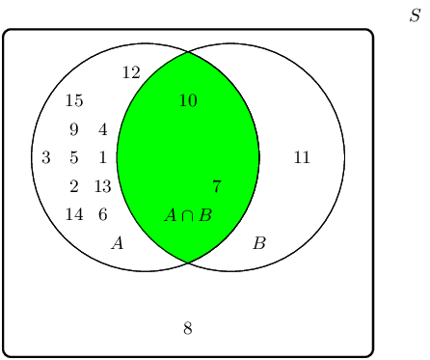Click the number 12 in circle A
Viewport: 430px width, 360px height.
click(x=131, y=72)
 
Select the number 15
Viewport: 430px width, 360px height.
click(x=74, y=101)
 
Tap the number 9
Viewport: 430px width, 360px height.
click(x=74, y=130)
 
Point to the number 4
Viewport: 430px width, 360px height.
click(x=103, y=130)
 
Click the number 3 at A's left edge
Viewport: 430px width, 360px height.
click(x=45, y=158)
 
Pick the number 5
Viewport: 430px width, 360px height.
click(x=74, y=158)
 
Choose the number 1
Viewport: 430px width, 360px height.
click(x=103, y=158)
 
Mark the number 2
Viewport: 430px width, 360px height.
click(x=74, y=187)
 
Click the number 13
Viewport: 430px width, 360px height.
click(x=103, y=187)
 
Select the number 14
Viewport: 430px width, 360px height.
click(x=74, y=215)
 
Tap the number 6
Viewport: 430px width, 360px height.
click(x=103, y=215)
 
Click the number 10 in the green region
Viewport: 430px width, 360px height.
click(x=188, y=101)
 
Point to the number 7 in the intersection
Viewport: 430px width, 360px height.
click(x=216, y=187)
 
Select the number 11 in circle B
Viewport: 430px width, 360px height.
click(x=302, y=158)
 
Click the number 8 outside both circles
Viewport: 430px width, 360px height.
click(x=188, y=329)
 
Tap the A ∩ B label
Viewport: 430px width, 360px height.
click(x=188, y=215)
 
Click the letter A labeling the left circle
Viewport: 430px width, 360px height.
click(x=118, y=243)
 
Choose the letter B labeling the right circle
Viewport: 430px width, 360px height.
click(x=258, y=243)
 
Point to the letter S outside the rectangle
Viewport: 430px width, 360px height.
click(x=415, y=16)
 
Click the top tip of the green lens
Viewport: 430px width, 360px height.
click(x=188, y=52)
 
